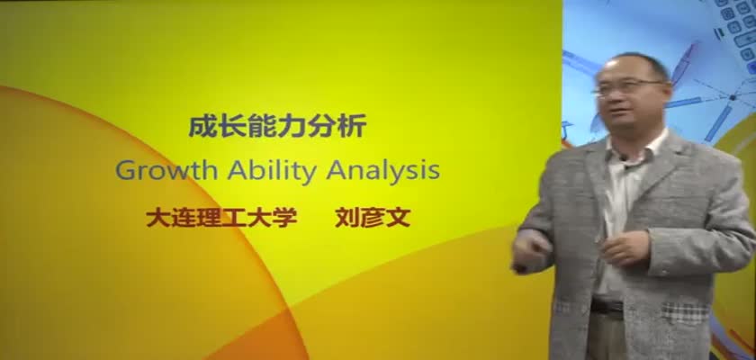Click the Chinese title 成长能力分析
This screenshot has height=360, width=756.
(277, 125)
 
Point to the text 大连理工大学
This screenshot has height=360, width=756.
(221, 217)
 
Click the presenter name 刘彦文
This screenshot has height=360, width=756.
(373, 217)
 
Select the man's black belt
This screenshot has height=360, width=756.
(607, 305)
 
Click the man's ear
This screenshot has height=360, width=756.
(667, 91)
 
